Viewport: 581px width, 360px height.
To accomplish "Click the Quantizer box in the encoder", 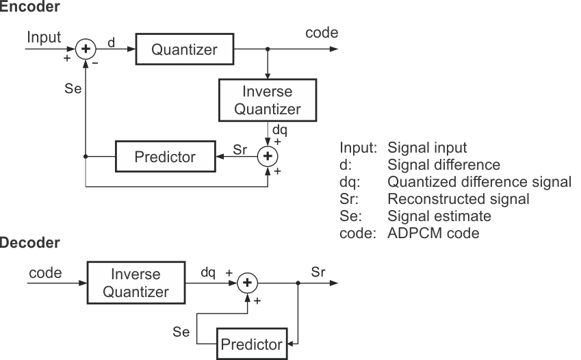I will click(185, 50).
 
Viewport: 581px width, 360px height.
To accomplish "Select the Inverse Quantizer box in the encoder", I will click(268, 100).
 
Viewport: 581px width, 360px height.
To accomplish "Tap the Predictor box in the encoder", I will click(164, 157).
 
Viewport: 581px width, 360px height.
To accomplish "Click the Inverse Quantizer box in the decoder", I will click(135, 283).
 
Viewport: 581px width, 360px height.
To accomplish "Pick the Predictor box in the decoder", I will click(252, 344).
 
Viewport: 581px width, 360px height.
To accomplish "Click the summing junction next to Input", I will click(86, 49).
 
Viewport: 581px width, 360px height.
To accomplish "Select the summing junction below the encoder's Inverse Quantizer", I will click(268, 157).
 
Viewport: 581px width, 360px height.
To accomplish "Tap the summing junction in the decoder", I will click(248, 283).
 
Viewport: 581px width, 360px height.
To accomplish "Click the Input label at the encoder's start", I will click(44, 36).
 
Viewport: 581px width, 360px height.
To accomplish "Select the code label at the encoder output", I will click(322, 33).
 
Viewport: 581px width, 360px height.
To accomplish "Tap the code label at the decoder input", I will click(45, 272).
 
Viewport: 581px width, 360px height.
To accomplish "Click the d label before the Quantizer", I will click(111, 42).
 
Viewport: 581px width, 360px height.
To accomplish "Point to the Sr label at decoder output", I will click(318, 272).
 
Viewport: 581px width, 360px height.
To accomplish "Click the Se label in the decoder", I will click(181, 332).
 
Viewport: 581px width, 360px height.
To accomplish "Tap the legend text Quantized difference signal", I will click(479, 181).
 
